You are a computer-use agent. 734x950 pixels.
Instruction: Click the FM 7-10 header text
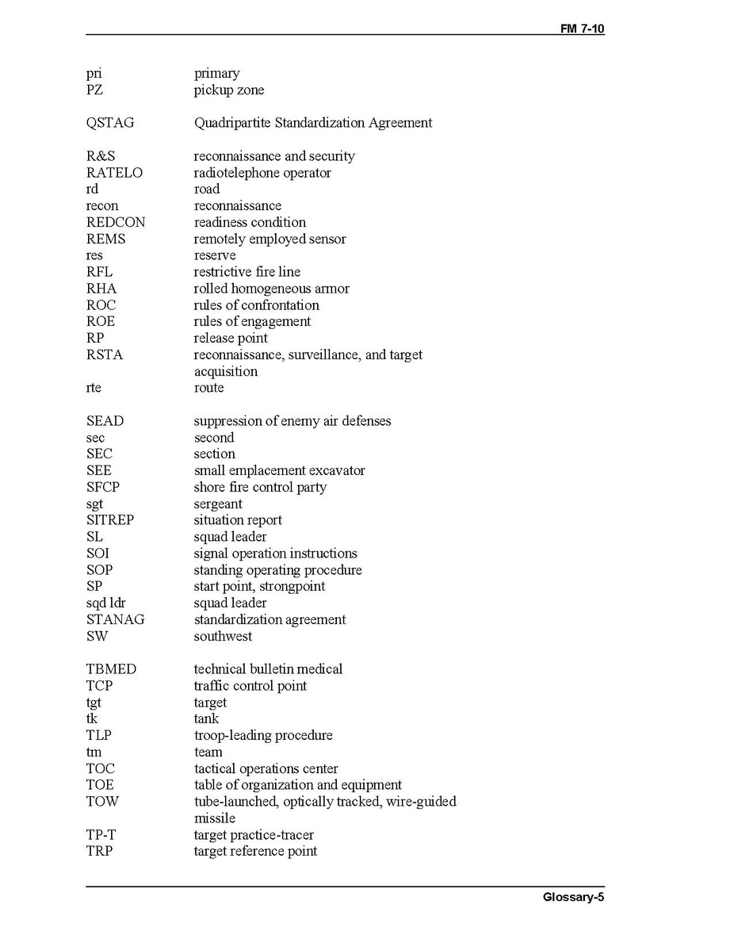(x=582, y=29)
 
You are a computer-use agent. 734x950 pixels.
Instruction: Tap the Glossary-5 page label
(x=573, y=898)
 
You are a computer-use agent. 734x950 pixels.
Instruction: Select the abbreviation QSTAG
(x=110, y=123)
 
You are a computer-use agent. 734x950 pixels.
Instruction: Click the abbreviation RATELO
(x=114, y=173)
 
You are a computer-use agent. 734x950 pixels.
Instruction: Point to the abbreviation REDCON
(x=116, y=222)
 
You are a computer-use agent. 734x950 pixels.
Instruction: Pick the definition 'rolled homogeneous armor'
(x=271, y=289)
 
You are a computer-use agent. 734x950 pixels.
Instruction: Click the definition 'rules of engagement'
(x=252, y=321)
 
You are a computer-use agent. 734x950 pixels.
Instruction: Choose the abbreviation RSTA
(x=105, y=354)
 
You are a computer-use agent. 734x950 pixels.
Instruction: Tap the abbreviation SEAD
(x=105, y=421)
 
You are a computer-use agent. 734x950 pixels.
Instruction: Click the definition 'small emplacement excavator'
(x=279, y=470)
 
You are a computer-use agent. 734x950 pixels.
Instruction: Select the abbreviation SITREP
(x=110, y=520)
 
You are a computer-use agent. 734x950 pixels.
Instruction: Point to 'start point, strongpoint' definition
(x=259, y=587)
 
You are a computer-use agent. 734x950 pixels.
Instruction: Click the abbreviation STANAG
(x=115, y=619)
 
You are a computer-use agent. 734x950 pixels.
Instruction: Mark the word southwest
(x=223, y=636)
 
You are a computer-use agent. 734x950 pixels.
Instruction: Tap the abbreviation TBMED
(x=111, y=669)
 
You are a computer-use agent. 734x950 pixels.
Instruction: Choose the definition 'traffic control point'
(x=250, y=686)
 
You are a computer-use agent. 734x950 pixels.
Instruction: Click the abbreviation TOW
(x=102, y=802)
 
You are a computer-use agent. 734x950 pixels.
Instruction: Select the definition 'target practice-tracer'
(x=254, y=835)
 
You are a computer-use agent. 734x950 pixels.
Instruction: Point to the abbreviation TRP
(x=100, y=852)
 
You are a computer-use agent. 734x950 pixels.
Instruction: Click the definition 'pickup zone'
(x=229, y=90)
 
